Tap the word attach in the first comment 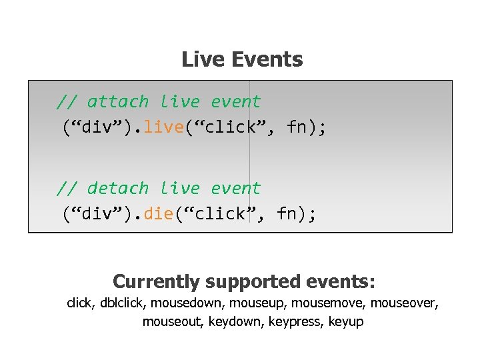coord(118,102)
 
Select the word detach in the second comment coord(118,189)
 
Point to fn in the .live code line coord(299,127)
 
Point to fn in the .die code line coord(289,213)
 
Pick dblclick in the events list coord(123,304)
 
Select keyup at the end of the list coord(347,322)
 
